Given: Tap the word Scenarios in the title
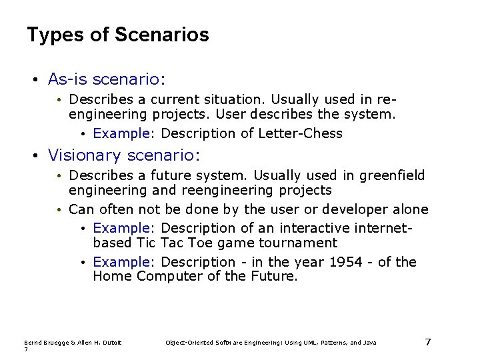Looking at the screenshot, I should pyautogui.click(x=161, y=35).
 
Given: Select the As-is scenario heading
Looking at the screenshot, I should pyautogui.click(x=106, y=79).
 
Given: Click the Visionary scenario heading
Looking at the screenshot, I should pyautogui.click(x=123, y=156).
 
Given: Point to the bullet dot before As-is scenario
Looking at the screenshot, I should pyautogui.click(x=35, y=80).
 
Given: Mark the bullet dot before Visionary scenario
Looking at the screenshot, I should pyautogui.click(x=35, y=157).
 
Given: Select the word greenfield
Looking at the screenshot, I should pyautogui.click(x=392, y=176).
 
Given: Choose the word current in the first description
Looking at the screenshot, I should pyautogui.click(x=179, y=99).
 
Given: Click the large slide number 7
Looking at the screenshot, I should pyautogui.click(x=428, y=342).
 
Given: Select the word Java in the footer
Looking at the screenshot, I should pyautogui.click(x=369, y=343).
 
